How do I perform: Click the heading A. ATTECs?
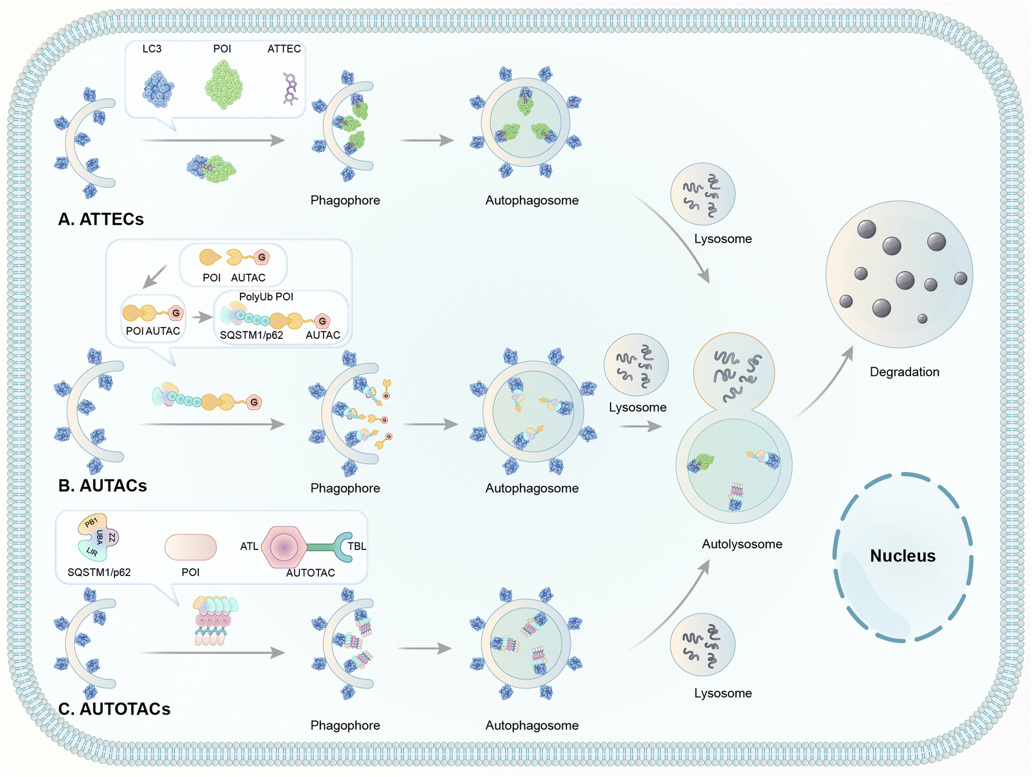coord(101,219)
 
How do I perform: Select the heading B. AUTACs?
coord(103,485)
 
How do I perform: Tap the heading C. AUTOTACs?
coord(114,709)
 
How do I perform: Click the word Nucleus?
coord(903,556)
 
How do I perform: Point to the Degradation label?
coord(904,372)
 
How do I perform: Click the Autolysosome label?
coord(742,544)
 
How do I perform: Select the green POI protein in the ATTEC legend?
coord(223,85)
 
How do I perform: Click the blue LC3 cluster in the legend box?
coord(158,89)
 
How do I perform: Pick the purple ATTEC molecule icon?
coord(291,89)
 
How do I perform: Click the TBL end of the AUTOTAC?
coord(348,546)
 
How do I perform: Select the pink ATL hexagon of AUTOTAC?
coord(284,547)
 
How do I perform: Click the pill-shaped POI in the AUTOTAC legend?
coord(191,547)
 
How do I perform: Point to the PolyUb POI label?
coord(266,297)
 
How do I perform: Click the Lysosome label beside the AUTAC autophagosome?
coord(637,407)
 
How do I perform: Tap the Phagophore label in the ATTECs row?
coord(345,200)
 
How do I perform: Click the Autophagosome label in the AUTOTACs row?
coord(532,725)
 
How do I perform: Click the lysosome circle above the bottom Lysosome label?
coord(703,644)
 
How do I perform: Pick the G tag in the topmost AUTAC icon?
coord(262,257)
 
